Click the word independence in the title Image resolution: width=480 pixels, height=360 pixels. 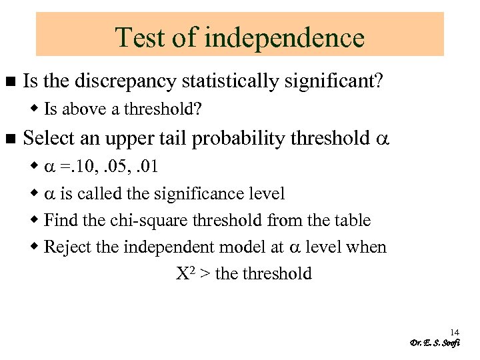coord(285,37)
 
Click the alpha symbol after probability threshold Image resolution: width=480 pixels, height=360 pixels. coord(381,139)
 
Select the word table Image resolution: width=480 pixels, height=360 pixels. coord(353,221)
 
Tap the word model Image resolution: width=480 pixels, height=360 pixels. coord(244,247)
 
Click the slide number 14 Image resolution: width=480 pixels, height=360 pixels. coord(455,332)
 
